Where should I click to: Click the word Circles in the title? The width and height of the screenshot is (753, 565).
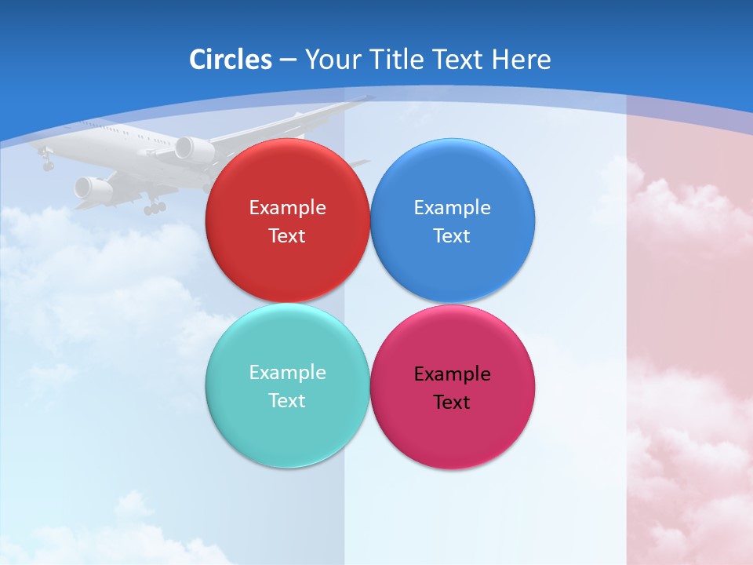pyautogui.click(x=231, y=60)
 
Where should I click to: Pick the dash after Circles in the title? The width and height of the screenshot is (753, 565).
pyautogui.click(x=288, y=60)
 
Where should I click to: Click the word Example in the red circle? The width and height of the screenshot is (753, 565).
pyautogui.click(x=287, y=208)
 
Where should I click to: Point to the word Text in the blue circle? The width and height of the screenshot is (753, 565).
pyautogui.click(x=452, y=236)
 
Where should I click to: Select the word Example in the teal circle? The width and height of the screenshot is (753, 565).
pyautogui.click(x=287, y=373)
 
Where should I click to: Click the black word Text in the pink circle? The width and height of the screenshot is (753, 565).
pyautogui.click(x=452, y=403)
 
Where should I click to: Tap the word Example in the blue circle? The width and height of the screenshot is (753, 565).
pyautogui.click(x=452, y=208)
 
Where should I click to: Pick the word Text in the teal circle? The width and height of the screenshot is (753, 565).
pyautogui.click(x=287, y=401)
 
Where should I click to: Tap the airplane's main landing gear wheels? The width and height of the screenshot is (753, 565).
pyautogui.click(x=155, y=208)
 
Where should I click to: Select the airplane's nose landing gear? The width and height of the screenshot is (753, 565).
pyautogui.click(x=47, y=164)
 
